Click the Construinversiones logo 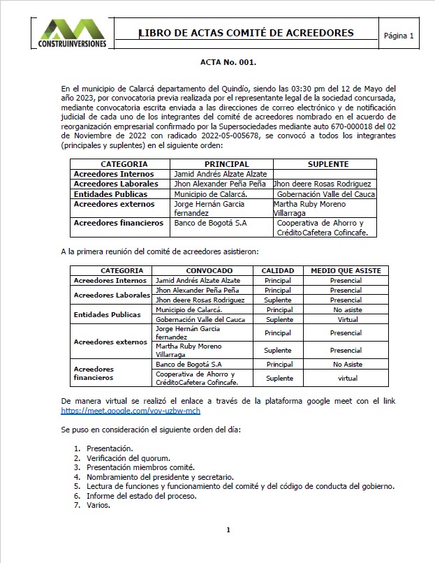click(x=73, y=34)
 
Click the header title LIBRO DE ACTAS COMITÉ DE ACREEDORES click(x=246, y=33)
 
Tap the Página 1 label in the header click(x=399, y=35)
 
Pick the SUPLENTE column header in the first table click(x=328, y=163)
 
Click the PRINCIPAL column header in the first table click(x=221, y=163)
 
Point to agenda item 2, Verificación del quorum click(x=128, y=458)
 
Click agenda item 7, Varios click(x=98, y=505)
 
